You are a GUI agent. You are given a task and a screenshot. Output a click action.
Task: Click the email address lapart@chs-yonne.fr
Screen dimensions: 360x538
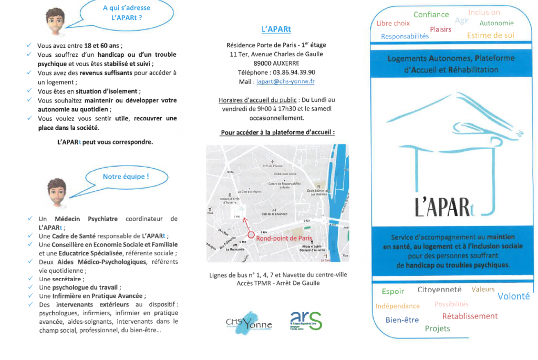coord(284,81)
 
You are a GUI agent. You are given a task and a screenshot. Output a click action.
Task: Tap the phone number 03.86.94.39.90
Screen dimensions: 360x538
coord(295,72)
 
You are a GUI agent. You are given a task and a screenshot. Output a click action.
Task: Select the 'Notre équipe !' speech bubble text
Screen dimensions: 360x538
coord(126,177)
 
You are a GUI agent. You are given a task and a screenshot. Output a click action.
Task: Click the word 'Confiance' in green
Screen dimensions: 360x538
coord(431,15)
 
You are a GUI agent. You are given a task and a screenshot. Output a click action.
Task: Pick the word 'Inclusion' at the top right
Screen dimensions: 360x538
coord(484,12)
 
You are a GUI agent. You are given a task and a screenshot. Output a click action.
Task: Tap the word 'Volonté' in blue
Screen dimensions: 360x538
coord(513,296)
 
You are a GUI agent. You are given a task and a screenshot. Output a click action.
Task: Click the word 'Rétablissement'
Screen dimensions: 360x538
coord(469,316)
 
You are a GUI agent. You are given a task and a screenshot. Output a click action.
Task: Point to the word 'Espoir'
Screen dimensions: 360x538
coord(393,291)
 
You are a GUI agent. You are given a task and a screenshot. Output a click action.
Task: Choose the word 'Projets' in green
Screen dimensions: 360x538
coord(437,328)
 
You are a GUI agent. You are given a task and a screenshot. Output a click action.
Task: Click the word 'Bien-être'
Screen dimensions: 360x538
coord(402,320)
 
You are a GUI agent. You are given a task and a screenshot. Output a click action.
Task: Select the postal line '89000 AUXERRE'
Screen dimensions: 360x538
coord(276,63)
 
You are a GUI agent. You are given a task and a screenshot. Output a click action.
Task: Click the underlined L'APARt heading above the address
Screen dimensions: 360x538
coord(276,29)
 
